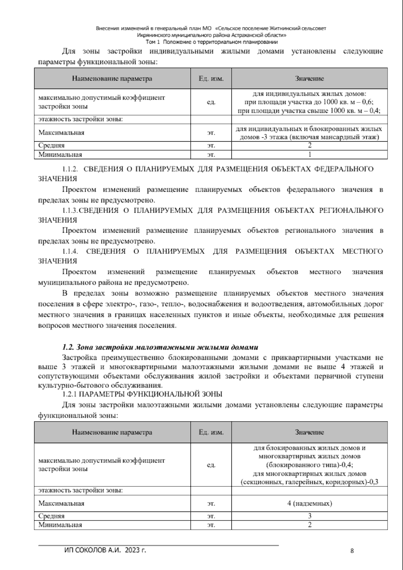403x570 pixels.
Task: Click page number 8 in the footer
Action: [x=352, y=551]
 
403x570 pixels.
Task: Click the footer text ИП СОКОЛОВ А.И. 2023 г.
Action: [x=105, y=550]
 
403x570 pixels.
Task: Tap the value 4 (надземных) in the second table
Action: [x=309, y=503]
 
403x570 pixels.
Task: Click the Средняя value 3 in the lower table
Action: [x=309, y=516]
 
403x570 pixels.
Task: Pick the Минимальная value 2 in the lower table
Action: [x=309, y=525]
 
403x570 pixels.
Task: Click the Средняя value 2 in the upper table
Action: [x=309, y=145]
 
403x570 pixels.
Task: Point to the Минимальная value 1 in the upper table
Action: [x=309, y=154]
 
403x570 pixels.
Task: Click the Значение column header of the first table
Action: [x=309, y=79]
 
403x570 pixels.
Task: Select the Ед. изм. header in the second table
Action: [x=211, y=432]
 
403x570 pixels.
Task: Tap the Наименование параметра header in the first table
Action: [x=112, y=79]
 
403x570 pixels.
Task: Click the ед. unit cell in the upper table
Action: [x=211, y=102]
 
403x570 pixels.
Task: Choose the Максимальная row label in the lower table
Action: [x=61, y=503]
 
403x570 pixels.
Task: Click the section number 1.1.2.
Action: [x=70, y=169]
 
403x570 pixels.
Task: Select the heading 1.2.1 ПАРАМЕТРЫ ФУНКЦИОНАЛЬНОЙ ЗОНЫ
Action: [x=142, y=394]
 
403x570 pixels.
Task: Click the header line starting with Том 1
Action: [x=212, y=42]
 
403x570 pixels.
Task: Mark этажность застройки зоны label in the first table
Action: [x=80, y=119]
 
